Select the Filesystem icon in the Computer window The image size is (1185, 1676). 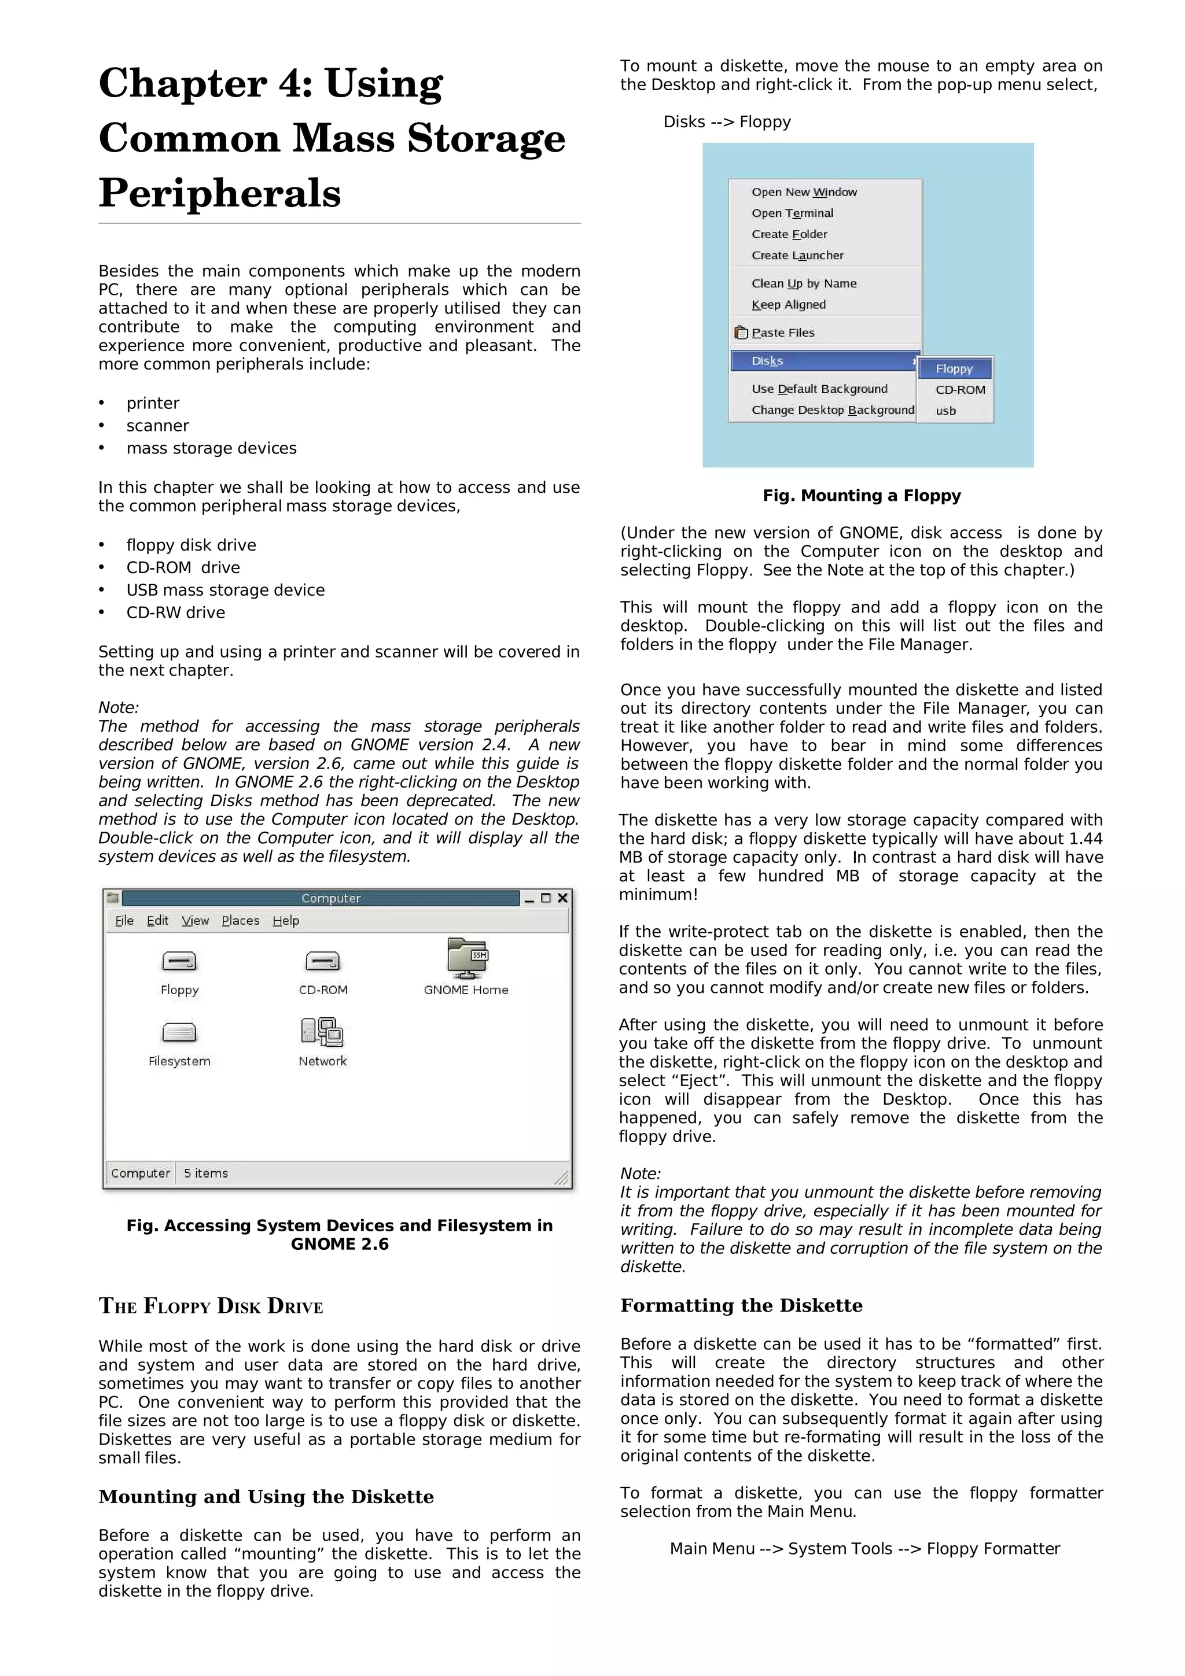click(179, 1032)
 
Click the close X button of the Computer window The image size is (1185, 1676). click(562, 898)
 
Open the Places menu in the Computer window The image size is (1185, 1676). click(240, 921)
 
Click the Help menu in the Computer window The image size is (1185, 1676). click(285, 921)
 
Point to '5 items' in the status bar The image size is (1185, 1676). click(206, 1173)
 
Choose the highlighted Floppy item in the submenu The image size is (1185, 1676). click(954, 368)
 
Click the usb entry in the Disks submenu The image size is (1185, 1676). click(945, 411)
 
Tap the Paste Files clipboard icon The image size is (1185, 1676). click(741, 333)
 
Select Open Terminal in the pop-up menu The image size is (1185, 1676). click(792, 213)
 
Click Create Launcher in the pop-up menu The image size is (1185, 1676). click(797, 256)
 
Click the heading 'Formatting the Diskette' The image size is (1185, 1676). click(741, 1305)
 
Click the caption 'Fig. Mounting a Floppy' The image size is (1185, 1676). click(862, 496)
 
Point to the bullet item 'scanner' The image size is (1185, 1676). click(158, 426)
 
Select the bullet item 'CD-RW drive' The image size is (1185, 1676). click(175, 612)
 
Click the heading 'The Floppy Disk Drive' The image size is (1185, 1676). click(211, 1306)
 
